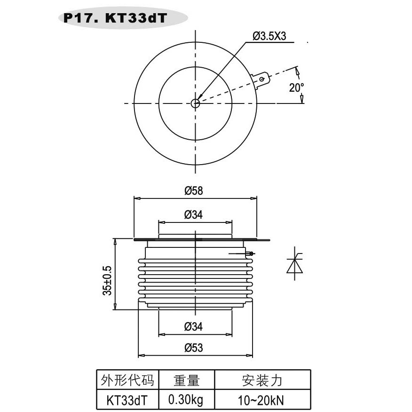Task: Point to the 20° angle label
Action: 296,87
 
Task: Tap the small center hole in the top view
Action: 196,103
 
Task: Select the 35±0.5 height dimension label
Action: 107,281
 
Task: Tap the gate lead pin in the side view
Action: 251,254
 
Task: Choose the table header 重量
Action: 187,380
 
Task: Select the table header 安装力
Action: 262,380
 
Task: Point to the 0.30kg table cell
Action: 186,400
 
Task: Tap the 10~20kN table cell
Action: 262,400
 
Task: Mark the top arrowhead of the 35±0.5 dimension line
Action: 115,241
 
